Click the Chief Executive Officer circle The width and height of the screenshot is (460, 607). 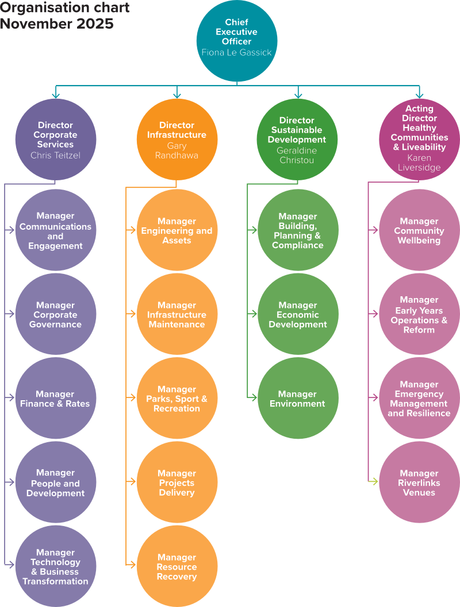237,40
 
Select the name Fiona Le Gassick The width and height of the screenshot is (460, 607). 237,52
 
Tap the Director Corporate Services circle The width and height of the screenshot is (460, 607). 55,140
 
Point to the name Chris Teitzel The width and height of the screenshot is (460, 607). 55,155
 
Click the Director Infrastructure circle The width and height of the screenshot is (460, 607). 177,140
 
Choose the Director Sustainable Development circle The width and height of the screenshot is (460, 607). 298,140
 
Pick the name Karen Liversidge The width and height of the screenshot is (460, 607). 419,163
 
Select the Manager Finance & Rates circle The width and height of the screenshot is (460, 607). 55,399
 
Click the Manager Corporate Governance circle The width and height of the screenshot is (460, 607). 55,315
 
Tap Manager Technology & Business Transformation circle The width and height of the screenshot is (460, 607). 55,566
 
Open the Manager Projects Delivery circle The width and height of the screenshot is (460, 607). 177,482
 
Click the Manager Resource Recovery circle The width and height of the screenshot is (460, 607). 177,566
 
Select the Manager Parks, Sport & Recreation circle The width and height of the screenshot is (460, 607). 177,399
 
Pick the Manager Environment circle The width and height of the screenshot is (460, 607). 298,399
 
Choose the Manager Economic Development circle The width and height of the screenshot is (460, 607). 298,315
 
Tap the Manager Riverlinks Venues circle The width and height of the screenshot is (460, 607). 419,482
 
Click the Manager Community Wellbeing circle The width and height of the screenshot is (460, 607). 419,230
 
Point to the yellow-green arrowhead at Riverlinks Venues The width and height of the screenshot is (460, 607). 375,481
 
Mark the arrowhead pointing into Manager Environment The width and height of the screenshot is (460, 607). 254,397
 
